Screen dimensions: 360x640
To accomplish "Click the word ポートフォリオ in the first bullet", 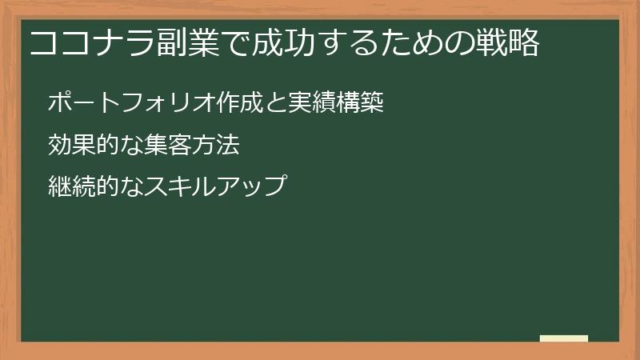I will click(124, 103).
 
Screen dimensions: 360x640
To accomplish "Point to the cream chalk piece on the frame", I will click(564, 338).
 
